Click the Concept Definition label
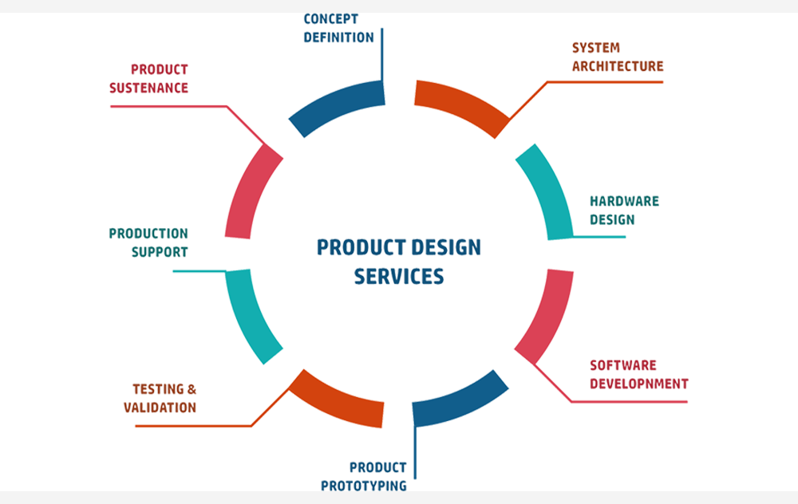click(338, 27)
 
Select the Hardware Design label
click(624, 211)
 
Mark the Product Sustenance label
click(148, 78)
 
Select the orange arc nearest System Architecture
click(461, 104)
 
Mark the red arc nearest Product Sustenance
click(251, 195)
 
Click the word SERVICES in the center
click(399, 274)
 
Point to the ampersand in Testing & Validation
click(190, 389)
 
